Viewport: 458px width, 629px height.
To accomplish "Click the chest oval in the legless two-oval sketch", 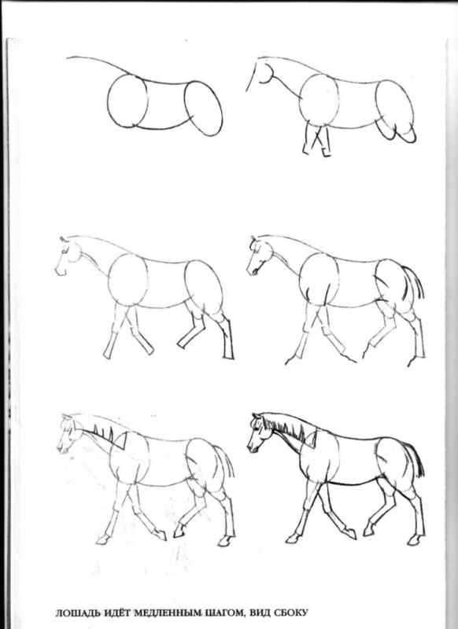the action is pos(127,101).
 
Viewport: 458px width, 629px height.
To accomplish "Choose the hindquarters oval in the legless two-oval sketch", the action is pos(203,108).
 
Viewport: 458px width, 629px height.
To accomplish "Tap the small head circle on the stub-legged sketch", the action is pos(266,73).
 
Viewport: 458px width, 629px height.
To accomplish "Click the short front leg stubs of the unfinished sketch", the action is pos(316,142).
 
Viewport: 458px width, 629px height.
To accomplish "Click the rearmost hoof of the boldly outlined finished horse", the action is pos(413,541).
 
